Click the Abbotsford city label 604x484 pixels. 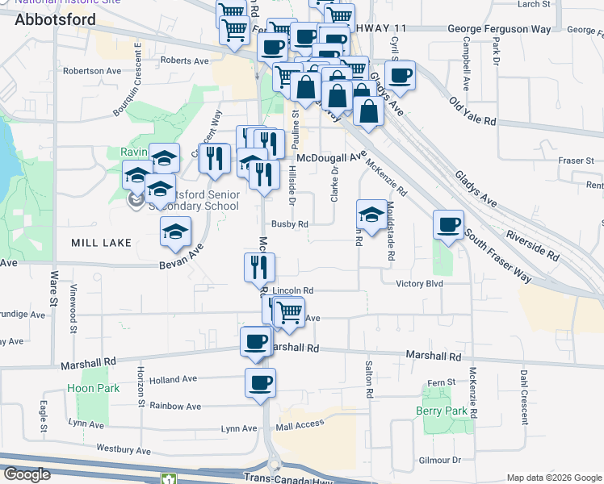(55, 19)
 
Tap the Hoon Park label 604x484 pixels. (100, 388)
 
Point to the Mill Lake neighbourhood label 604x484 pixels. (95, 242)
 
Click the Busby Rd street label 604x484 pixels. (290, 224)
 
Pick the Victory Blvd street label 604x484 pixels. (421, 283)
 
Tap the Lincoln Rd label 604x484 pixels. (292, 290)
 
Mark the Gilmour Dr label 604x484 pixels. (440, 460)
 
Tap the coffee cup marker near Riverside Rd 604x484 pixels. (449, 225)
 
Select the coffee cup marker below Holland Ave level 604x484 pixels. (260, 383)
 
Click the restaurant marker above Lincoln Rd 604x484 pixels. (260, 267)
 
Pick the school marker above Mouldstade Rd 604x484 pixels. (371, 215)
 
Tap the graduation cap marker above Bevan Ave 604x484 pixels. (175, 232)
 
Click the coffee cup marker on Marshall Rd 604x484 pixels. (256, 342)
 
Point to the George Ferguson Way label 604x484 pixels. (499, 29)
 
